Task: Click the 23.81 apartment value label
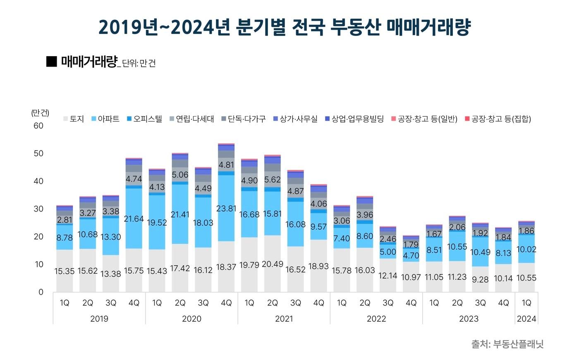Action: pyautogui.click(x=226, y=209)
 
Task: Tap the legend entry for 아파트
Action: pyautogui.click(x=105, y=119)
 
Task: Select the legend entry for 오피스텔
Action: pyautogui.click(x=144, y=119)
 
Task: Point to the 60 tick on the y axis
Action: pyautogui.click(x=38, y=126)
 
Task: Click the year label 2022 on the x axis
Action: pyautogui.click(x=376, y=319)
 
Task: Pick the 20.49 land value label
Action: pyautogui.click(x=273, y=264)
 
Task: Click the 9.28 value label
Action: pyautogui.click(x=480, y=279)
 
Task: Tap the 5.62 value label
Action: pyautogui.click(x=273, y=180)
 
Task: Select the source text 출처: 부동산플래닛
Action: pyautogui.click(x=507, y=344)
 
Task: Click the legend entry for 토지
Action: pyautogui.click(x=74, y=119)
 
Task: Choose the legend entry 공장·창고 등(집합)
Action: pyautogui.click(x=498, y=119)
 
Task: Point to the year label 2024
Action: pyautogui.click(x=526, y=319)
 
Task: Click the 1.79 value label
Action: pyautogui.click(x=411, y=245)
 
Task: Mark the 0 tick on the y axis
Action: pyautogui.click(x=41, y=292)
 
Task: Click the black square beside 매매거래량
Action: pyautogui.click(x=51, y=62)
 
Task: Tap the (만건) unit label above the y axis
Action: pyautogui.click(x=40, y=113)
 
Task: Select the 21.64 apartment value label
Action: pyautogui.click(x=134, y=219)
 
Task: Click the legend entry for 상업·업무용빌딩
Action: pyautogui.click(x=354, y=119)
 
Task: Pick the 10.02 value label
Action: pyautogui.click(x=526, y=249)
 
